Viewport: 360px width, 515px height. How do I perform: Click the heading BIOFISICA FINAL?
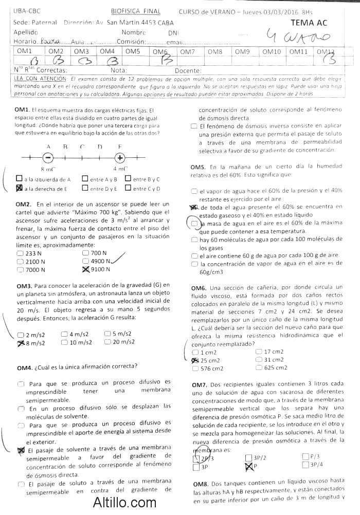coord(136,11)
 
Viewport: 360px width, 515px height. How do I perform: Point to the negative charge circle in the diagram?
coord(48,158)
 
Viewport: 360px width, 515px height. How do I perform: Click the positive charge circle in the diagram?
coord(120,158)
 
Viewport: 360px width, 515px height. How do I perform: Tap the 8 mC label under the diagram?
coord(48,169)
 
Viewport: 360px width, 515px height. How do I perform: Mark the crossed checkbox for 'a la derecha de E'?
coord(19,188)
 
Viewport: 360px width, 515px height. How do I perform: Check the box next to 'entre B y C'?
coord(128,179)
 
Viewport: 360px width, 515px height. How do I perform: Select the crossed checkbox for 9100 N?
coord(85,269)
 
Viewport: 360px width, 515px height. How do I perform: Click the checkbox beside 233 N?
coord(20,253)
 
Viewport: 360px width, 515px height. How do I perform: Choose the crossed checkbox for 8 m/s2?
coord(21,342)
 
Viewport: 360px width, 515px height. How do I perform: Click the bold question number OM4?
coord(24,367)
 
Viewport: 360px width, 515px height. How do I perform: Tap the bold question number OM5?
coord(198,167)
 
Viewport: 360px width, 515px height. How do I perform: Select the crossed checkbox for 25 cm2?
coord(194,360)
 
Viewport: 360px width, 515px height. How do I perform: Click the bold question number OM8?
coord(200,484)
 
